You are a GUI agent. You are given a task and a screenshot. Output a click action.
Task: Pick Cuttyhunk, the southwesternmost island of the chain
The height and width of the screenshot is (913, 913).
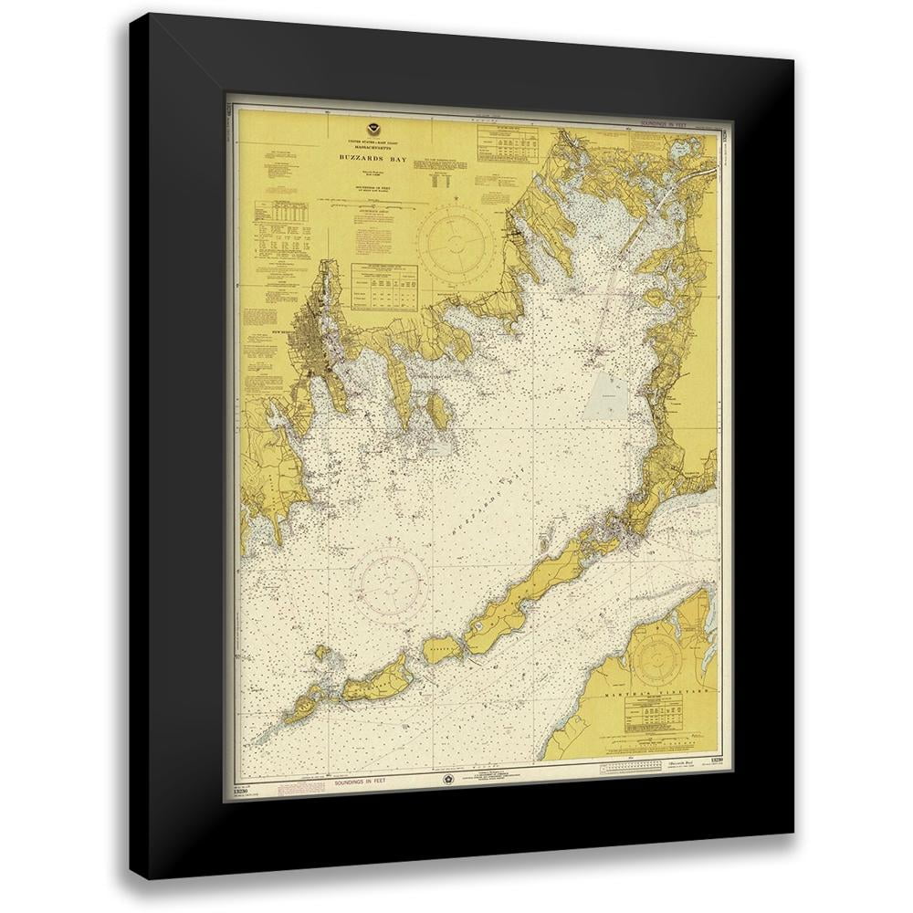298,708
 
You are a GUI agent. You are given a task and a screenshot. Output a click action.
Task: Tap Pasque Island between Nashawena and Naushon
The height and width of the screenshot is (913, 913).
439,650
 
